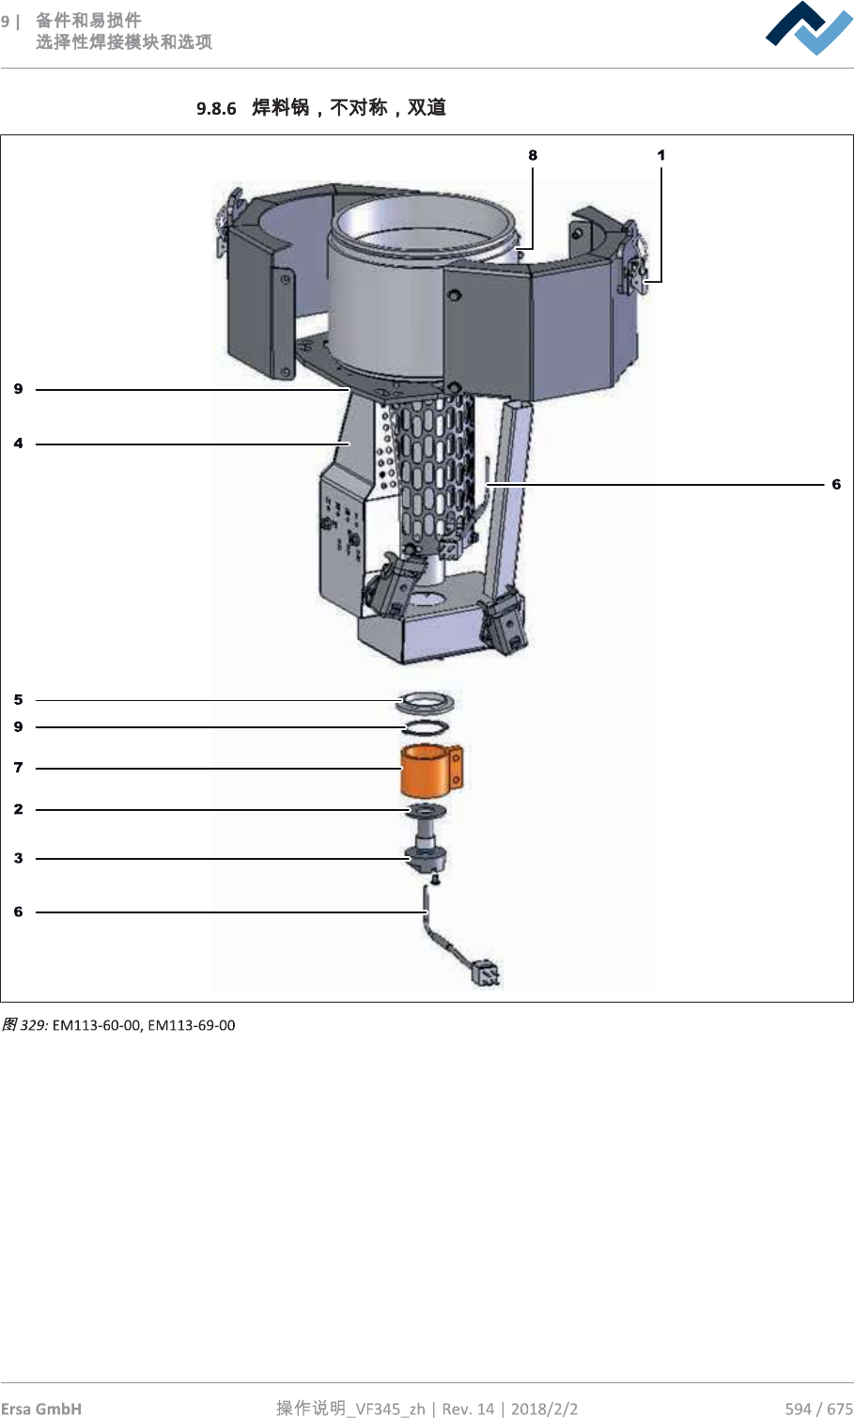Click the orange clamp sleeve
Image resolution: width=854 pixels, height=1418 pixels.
coord(430,770)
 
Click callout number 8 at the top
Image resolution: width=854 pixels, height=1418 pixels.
coord(533,155)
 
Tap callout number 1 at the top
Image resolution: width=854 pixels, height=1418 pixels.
coord(660,155)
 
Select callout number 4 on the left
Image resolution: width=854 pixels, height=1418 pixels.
coord(19,444)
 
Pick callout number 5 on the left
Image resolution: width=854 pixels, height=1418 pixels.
coord(19,699)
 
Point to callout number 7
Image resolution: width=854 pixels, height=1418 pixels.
coord(19,767)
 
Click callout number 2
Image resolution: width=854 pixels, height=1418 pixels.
coord(19,809)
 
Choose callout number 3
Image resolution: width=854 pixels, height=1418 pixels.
coord(19,858)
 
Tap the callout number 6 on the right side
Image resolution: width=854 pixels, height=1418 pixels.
coord(836,484)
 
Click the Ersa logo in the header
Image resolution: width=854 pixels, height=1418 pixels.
coord(809,28)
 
